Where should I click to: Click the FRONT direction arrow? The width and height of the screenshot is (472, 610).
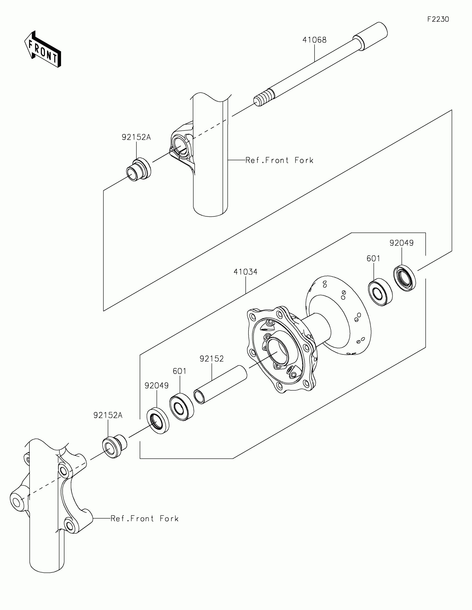tap(43, 50)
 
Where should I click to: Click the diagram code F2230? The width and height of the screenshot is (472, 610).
tap(438, 19)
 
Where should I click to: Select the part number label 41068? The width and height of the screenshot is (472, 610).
tap(314, 40)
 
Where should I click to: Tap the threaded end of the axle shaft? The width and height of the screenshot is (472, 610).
tap(263, 98)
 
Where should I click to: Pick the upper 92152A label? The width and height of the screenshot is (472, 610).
tap(136, 137)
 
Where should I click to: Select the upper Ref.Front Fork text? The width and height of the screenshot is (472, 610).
tap(279, 160)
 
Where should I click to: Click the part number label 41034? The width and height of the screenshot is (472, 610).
tap(245, 272)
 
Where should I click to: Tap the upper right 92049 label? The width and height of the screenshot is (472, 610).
tap(401, 243)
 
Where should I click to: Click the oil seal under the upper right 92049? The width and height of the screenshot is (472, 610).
tap(405, 278)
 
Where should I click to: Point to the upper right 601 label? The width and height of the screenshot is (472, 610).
tap(373, 259)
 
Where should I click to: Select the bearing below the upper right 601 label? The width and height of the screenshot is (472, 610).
tap(380, 292)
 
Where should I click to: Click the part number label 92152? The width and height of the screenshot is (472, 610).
tap(212, 359)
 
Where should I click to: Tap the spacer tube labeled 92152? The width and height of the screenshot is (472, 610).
tap(220, 384)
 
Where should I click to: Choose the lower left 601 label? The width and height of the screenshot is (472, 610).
tap(179, 371)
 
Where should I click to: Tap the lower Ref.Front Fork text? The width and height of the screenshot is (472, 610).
tap(144, 519)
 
